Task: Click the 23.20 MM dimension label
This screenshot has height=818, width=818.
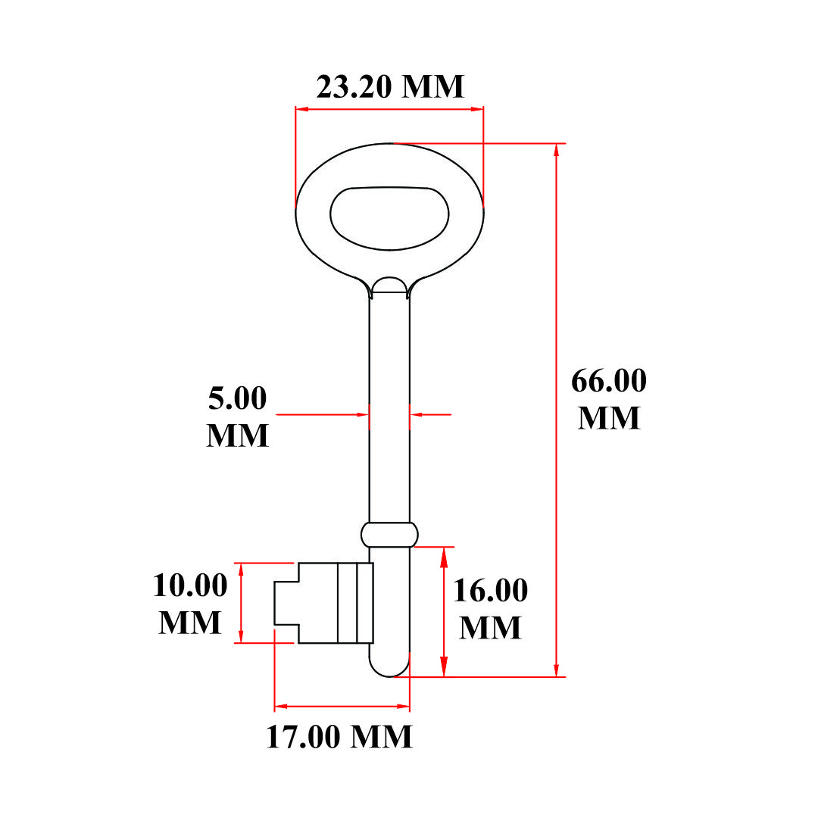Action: click(390, 86)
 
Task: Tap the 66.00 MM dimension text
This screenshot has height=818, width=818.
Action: click(609, 398)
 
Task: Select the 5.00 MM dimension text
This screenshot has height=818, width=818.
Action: click(237, 416)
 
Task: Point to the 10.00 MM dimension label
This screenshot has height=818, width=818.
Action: click(190, 603)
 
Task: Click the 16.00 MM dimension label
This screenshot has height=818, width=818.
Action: click(490, 608)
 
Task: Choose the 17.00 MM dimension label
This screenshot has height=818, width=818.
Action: click(339, 737)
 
